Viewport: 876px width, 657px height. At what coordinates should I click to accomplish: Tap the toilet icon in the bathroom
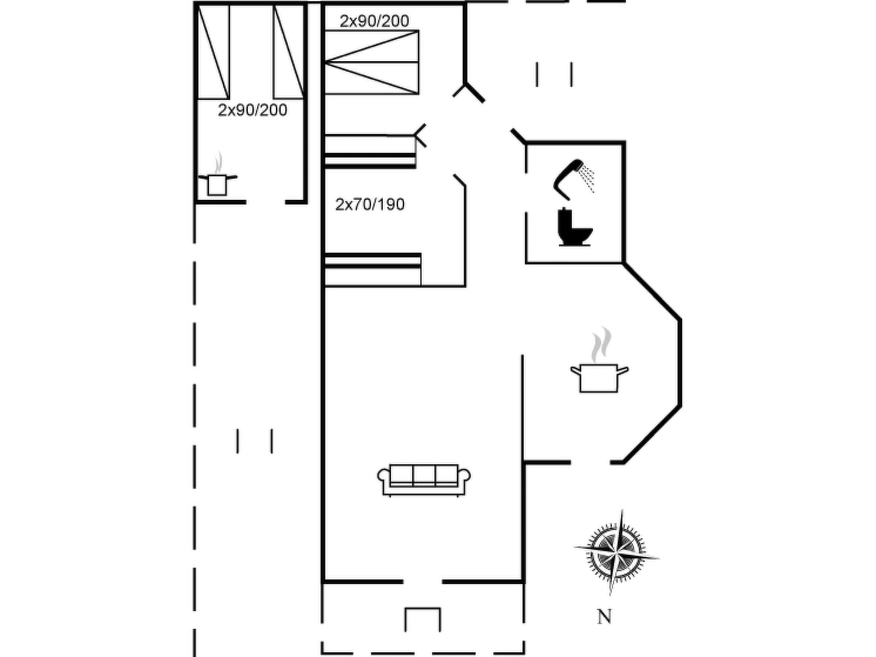(574, 228)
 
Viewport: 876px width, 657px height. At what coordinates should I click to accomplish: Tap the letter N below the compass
(604, 617)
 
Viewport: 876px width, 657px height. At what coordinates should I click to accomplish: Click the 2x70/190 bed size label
(370, 204)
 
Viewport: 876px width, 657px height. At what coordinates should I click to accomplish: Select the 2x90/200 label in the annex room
(252, 110)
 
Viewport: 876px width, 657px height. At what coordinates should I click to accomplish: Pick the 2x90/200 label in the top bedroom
(374, 21)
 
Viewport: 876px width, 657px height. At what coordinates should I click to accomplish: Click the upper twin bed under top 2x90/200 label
(371, 46)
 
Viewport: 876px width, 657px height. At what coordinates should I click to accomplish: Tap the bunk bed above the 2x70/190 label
(370, 152)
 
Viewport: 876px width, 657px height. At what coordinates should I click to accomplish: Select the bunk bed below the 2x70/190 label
(372, 269)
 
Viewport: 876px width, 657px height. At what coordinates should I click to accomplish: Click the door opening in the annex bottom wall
(266, 202)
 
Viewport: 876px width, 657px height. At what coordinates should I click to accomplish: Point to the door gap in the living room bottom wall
(422, 582)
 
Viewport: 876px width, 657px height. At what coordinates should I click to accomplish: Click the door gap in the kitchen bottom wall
(590, 462)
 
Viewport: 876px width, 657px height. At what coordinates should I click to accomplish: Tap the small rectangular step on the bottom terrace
(423, 619)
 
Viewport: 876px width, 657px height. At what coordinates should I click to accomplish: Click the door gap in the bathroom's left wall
(526, 192)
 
